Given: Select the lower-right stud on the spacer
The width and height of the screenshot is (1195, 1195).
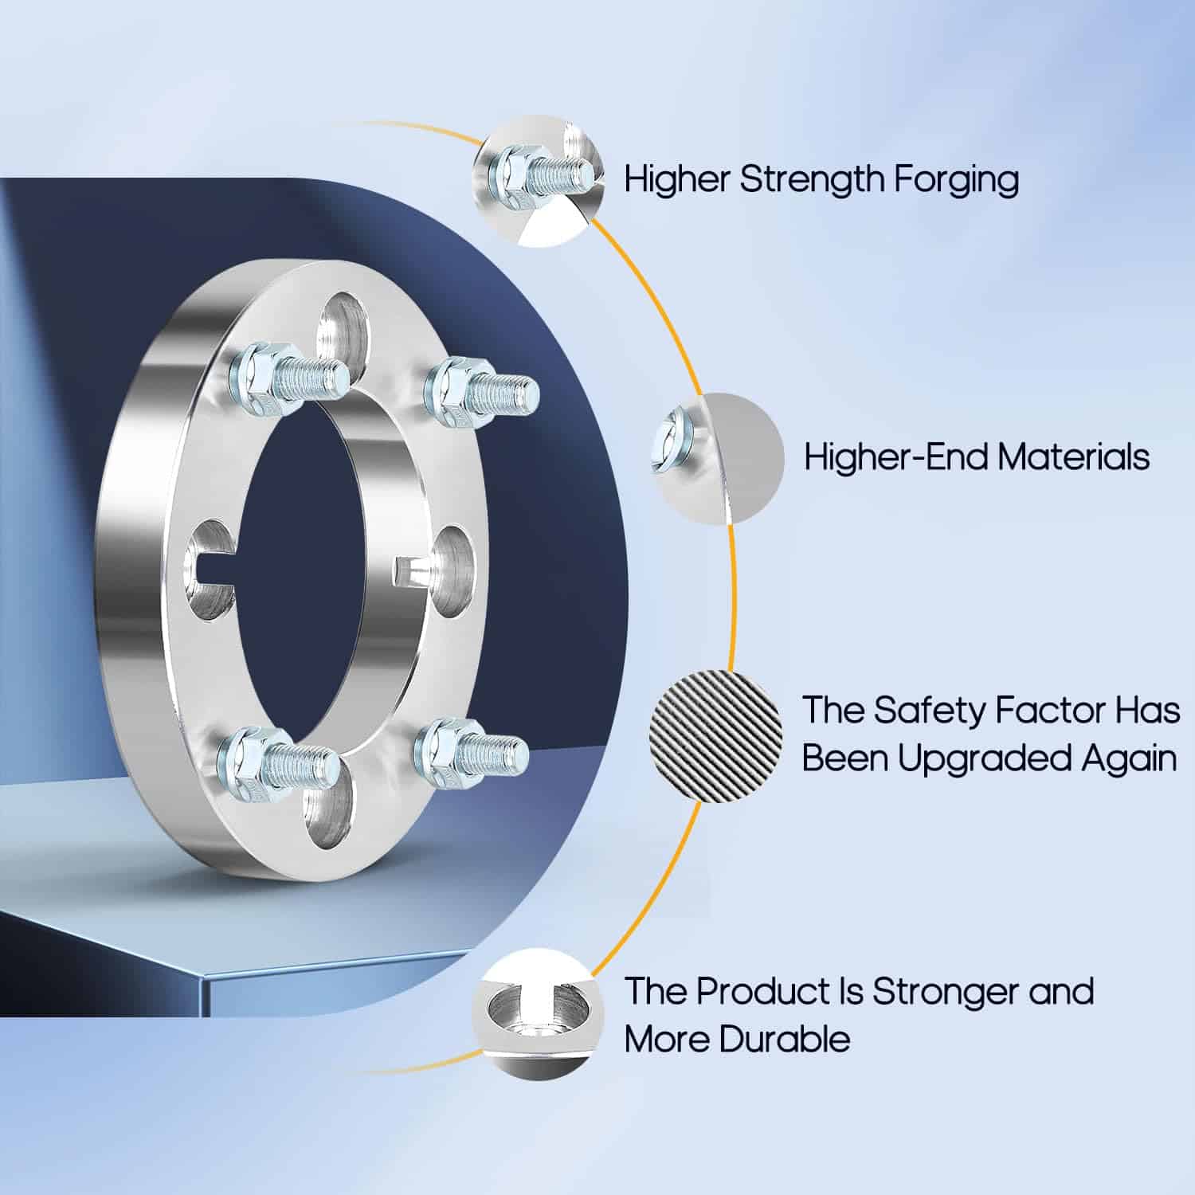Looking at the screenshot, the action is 471,750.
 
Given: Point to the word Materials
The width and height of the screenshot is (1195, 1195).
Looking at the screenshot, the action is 1073,457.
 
